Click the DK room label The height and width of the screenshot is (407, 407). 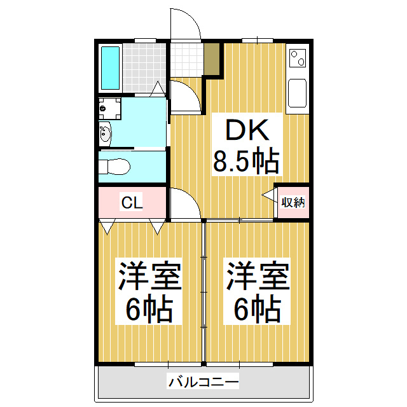click(x=247, y=130)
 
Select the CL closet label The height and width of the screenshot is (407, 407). click(x=132, y=202)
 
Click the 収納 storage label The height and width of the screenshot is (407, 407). click(x=293, y=202)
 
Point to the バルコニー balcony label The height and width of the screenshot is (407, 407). click(x=203, y=382)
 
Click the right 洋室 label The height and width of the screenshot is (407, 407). click(x=258, y=275)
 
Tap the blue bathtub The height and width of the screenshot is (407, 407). click(x=110, y=68)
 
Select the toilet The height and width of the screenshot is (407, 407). click(x=114, y=167)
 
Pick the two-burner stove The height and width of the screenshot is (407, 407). click(x=298, y=58)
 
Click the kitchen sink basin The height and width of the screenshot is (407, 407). click(x=298, y=93)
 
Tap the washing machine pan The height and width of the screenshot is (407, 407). click(x=110, y=108)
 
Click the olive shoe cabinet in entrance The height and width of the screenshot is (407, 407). click(x=212, y=59)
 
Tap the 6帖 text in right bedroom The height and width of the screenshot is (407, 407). click(x=258, y=309)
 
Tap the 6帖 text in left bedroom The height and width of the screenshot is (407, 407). click(x=150, y=309)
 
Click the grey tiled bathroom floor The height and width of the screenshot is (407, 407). click(x=144, y=68)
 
